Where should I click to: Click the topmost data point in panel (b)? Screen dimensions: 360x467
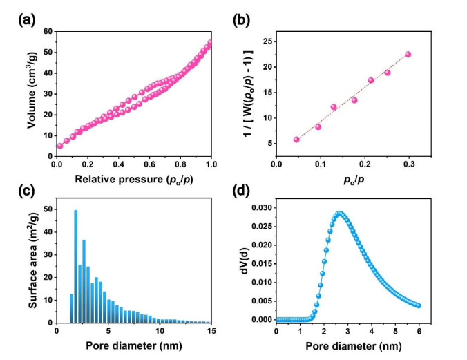[x=408, y=54]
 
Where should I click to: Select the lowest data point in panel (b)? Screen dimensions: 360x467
[x=297, y=140]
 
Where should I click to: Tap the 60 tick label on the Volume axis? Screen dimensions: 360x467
[x=47, y=31]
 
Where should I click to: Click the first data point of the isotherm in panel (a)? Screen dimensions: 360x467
[x=59, y=146]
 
